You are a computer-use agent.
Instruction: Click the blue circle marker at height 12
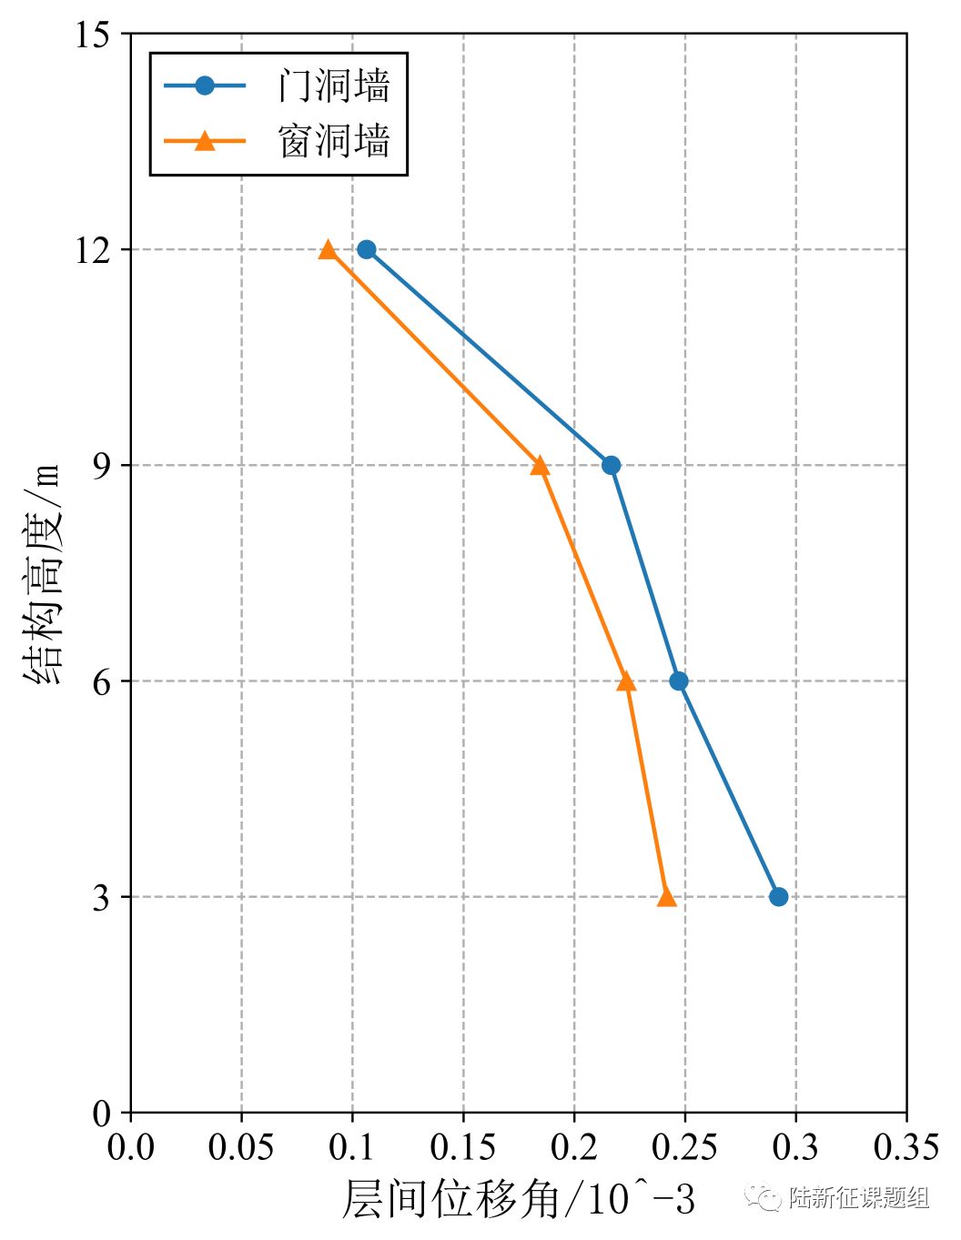click(x=367, y=249)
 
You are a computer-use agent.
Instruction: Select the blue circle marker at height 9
click(x=612, y=465)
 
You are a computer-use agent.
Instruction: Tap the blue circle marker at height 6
click(x=679, y=680)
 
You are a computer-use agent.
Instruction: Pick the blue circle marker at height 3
click(x=778, y=896)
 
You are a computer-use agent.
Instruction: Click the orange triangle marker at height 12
click(x=328, y=249)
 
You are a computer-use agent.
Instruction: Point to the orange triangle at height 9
click(x=540, y=466)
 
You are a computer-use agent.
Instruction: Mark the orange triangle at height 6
click(x=626, y=681)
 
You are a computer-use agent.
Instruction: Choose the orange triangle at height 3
click(x=666, y=897)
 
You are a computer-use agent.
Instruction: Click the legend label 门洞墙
click(x=335, y=86)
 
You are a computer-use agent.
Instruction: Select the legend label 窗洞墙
click(x=335, y=141)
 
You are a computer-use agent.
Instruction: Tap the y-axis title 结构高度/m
click(x=43, y=574)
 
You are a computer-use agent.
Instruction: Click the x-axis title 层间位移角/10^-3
click(x=518, y=1200)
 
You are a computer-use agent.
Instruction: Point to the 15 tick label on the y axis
click(x=92, y=35)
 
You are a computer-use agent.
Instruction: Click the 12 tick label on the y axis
click(x=92, y=250)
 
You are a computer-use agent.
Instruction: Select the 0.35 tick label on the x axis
click(x=905, y=1147)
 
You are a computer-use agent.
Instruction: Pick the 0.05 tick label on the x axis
click(x=240, y=1147)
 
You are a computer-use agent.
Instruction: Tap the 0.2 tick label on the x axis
click(x=574, y=1147)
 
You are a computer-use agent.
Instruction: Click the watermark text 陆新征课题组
click(x=858, y=1198)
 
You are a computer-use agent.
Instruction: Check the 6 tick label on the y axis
click(x=101, y=681)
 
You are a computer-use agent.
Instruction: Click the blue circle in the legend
click(x=205, y=86)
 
